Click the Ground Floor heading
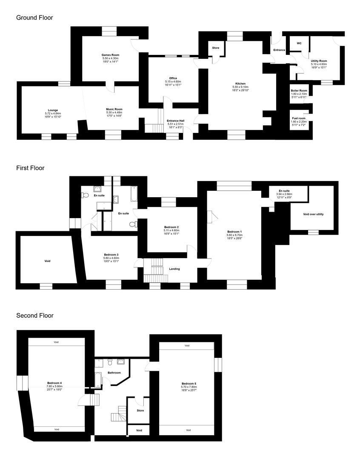pos(34,17)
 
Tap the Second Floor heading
pos(35,316)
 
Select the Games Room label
pos(111,55)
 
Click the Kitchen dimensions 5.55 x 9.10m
pos(240,87)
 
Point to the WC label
pos(299,43)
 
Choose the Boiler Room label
pos(299,91)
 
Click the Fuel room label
pos(299,118)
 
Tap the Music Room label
pos(114,109)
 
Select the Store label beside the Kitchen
pos(215,48)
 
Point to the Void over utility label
pos(313,214)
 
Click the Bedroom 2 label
pos(171,227)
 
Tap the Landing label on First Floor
pos(174,269)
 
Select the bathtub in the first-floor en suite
pos(134,194)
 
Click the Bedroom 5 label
pos(189,384)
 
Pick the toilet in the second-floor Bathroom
pos(110,362)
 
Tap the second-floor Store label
pos(140,411)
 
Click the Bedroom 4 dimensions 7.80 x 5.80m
pos(54,386)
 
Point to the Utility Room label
pos(319,61)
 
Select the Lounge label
pos(53,111)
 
